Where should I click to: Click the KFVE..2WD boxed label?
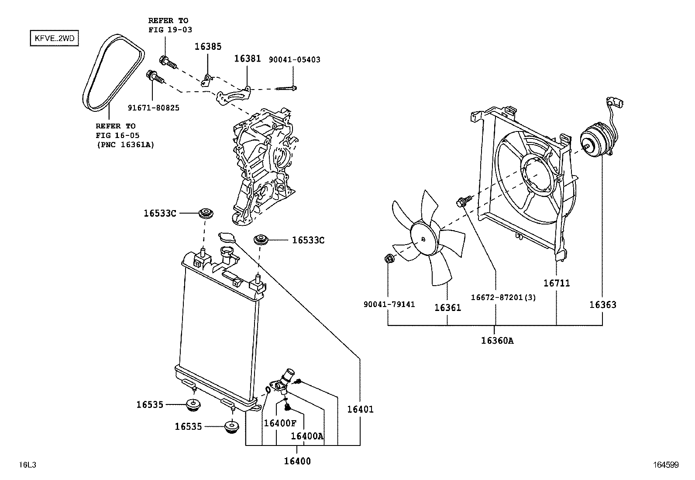(x=54, y=39)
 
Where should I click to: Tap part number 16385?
(x=208, y=46)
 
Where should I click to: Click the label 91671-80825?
(x=153, y=107)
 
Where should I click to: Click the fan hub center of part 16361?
(x=423, y=239)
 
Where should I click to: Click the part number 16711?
(x=556, y=283)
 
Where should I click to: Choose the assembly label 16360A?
(x=497, y=341)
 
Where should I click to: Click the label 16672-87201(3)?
(x=503, y=297)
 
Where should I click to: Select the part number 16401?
(x=360, y=409)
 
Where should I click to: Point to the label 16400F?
(x=280, y=423)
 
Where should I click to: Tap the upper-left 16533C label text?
(x=160, y=214)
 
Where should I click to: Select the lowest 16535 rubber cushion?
(x=231, y=427)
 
